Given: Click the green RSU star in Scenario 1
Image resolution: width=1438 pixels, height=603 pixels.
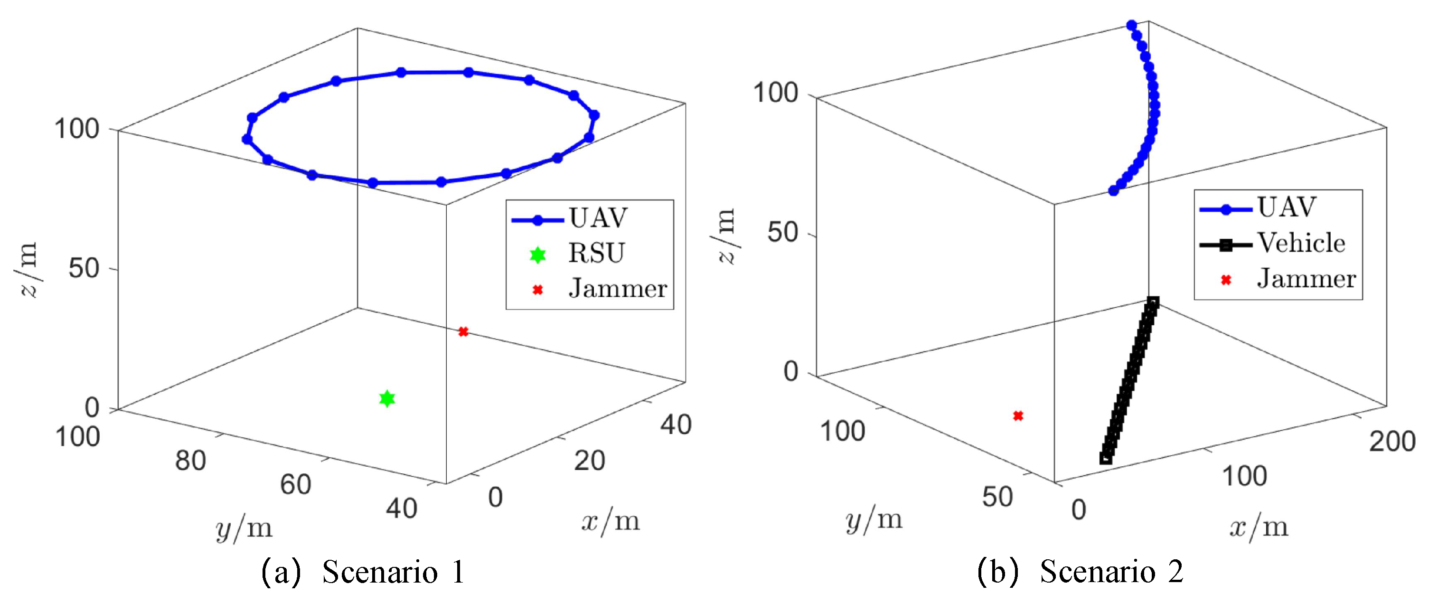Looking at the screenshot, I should [x=387, y=399].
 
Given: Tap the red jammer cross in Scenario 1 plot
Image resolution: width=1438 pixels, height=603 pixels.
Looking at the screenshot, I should [x=463, y=331].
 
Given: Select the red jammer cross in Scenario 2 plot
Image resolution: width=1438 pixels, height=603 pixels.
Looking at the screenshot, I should [x=1018, y=416].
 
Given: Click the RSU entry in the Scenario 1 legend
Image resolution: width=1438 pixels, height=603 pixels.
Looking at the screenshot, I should [x=596, y=254].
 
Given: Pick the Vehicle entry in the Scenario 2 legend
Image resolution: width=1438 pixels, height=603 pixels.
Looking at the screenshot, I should [x=1301, y=244].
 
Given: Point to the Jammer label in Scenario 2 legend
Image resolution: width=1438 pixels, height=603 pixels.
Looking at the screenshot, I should [x=1306, y=279].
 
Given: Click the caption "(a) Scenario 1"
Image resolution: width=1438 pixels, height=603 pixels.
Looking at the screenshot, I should [x=363, y=572].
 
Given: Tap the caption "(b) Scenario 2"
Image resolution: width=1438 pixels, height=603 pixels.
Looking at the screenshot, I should [x=1080, y=572].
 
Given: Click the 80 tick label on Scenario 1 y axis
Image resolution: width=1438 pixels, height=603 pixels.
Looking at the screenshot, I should [x=190, y=461].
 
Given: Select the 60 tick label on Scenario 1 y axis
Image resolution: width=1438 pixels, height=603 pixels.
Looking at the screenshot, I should [x=295, y=485].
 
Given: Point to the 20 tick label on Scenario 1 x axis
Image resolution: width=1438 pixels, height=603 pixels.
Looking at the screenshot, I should [x=590, y=461].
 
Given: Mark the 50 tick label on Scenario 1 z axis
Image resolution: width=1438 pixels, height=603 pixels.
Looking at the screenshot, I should [x=84, y=269].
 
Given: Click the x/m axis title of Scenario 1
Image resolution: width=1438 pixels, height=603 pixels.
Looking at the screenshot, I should [x=611, y=521].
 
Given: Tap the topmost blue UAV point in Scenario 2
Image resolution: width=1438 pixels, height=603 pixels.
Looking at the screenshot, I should [x=1131, y=25].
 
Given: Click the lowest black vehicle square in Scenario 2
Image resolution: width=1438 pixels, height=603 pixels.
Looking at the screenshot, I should [x=1106, y=458].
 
